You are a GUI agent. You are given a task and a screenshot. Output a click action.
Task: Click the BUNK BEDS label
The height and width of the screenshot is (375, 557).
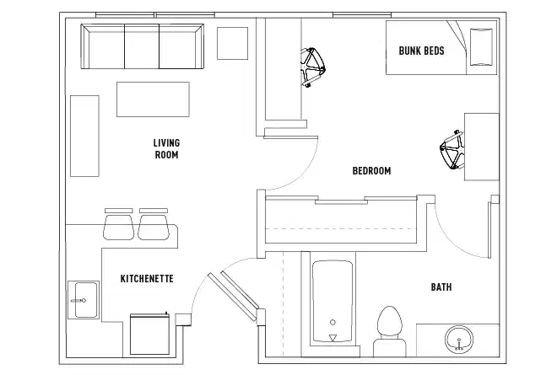click(x=421, y=51)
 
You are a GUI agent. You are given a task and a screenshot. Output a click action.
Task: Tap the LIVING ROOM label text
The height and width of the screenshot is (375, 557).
click(x=166, y=148)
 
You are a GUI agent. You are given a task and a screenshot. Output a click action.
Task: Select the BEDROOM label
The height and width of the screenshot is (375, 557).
click(x=371, y=171)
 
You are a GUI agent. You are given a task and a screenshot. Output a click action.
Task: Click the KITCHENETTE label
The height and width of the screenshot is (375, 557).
click(x=147, y=278)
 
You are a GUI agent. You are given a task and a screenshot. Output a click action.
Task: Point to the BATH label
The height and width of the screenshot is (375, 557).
click(x=441, y=287)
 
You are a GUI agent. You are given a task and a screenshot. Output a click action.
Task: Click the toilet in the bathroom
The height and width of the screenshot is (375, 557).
click(x=389, y=325)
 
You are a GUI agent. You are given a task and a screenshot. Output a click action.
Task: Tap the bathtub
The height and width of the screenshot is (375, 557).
click(x=331, y=301)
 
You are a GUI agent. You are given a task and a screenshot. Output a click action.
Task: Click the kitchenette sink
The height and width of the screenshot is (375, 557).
click(x=84, y=299)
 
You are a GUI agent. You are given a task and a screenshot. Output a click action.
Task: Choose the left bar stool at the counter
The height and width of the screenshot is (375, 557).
click(x=118, y=225)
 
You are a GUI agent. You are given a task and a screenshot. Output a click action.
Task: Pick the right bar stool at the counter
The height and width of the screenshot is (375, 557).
click(x=154, y=225)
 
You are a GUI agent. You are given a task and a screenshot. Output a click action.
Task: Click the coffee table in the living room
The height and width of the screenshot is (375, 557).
click(x=153, y=99)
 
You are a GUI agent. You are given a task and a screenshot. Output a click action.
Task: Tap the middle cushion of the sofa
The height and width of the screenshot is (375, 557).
click(x=141, y=47)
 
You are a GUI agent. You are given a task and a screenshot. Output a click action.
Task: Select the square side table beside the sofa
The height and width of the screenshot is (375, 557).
click(x=231, y=43)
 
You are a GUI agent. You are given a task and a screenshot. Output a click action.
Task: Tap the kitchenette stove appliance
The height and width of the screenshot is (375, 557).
click(x=149, y=333)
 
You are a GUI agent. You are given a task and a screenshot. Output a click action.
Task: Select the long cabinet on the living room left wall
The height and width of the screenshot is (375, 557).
click(x=84, y=135)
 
